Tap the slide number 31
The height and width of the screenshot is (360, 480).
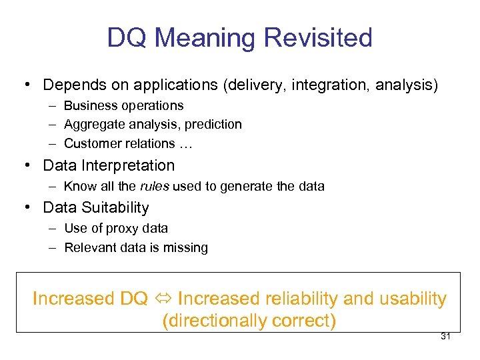coord(446,336)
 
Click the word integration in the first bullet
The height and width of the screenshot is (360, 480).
coord(331,85)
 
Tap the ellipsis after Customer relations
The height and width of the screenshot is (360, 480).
coord(184,144)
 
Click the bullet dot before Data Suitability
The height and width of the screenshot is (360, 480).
coord(25,207)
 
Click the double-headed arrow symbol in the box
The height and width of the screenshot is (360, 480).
coord(163,299)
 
